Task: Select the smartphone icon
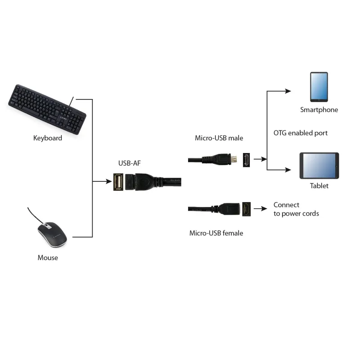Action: coord(319,87)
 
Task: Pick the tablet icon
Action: coord(319,166)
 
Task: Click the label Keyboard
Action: coord(48,138)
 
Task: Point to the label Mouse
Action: coord(48,258)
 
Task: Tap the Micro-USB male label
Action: coord(219,138)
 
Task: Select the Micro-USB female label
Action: coord(216,233)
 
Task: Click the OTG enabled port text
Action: coord(301,133)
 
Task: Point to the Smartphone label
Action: coord(319,110)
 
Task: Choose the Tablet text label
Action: coord(319,185)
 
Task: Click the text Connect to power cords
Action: coord(296,209)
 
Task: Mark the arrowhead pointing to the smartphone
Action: coord(288,91)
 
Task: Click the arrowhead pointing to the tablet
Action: coord(288,170)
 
